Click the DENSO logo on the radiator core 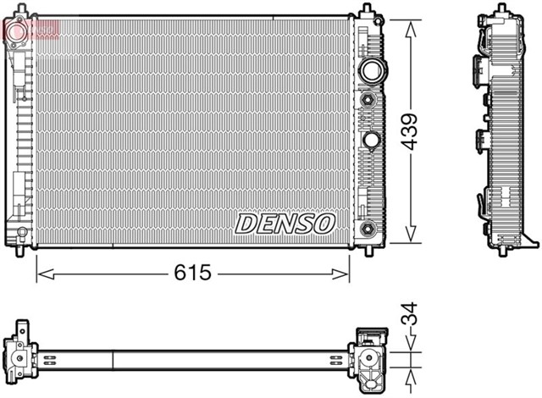coord(285,224)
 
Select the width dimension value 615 coord(194,273)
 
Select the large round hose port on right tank coord(370,70)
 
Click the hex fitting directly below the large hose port coord(368,100)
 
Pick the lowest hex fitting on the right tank coord(368,229)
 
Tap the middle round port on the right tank coord(372,139)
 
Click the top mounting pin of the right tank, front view coord(366,11)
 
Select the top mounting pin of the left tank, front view coord(19,10)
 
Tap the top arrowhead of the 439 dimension coord(411,27)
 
